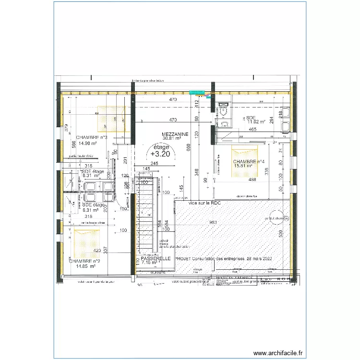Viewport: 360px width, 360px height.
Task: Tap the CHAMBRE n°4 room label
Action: [x=248, y=162]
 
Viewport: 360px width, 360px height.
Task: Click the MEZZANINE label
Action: [x=175, y=133]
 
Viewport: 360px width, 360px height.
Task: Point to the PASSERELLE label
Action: [x=156, y=258]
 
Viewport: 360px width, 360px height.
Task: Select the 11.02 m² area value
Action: [x=256, y=122]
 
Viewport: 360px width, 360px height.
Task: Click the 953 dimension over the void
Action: [x=213, y=223]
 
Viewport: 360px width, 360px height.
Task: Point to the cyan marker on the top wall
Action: [x=197, y=92]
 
